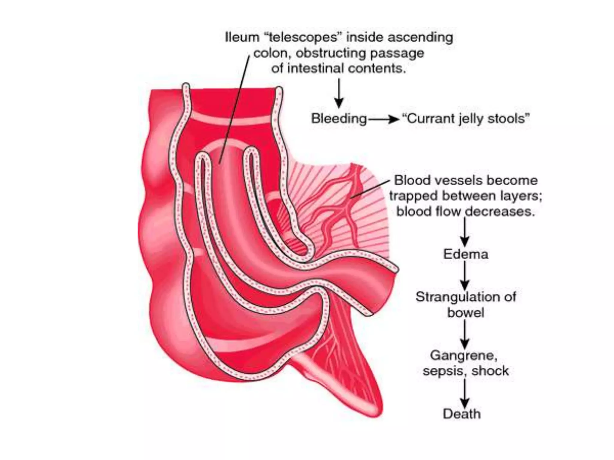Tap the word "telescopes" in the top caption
click(x=303, y=38)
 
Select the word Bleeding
click(x=339, y=119)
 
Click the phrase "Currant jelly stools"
click(x=466, y=119)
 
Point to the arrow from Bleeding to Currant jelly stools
click(x=384, y=119)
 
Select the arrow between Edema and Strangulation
click(x=465, y=276)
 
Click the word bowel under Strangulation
click(x=466, y=313)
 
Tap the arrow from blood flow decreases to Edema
click(x=465, y=232)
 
